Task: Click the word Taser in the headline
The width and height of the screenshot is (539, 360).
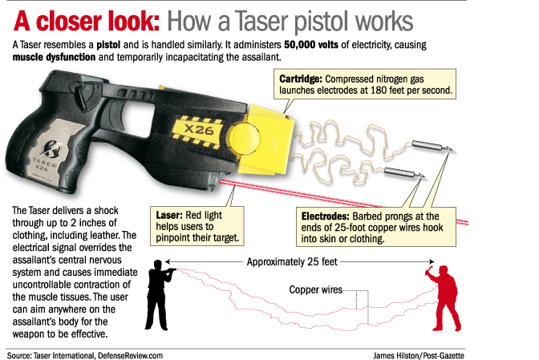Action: pyautogui.click(x=262, y=22)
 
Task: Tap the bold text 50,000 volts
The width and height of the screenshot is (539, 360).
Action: pyautogui.click(x=311, y=45)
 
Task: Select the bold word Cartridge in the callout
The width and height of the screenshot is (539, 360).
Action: pyautogui.click(x=301, y=79)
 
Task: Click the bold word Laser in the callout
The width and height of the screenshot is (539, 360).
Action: pyautogui.click(x=168, y=216)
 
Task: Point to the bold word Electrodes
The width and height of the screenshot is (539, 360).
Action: pyautogui.click(x=325, y=216)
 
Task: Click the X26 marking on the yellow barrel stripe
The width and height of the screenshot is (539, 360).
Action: pyautogui.click(x=199, y=130)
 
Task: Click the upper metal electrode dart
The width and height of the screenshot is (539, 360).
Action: pyautogui.click(x=432, y=147)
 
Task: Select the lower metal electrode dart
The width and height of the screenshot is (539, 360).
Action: pyautogui.click(x=404, y=172)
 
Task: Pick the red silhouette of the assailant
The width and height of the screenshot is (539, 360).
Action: pyautogui.click(x=445, y=297)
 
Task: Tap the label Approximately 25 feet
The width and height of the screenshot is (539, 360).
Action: pyautogui.click(x=292, y=261)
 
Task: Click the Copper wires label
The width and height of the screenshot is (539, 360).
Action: pyautogui.click(x=315, y=289)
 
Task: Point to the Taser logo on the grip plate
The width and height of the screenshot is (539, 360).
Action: pyautogui.click(x=52, y=148)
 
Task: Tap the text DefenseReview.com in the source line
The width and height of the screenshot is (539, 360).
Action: pyautogui.click(x=130, y=355)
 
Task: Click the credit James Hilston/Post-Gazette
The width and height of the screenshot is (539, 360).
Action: pyautogui.click(x=419, y=355)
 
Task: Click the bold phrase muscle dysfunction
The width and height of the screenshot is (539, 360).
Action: pyautogui.click(x=54, y=57)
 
